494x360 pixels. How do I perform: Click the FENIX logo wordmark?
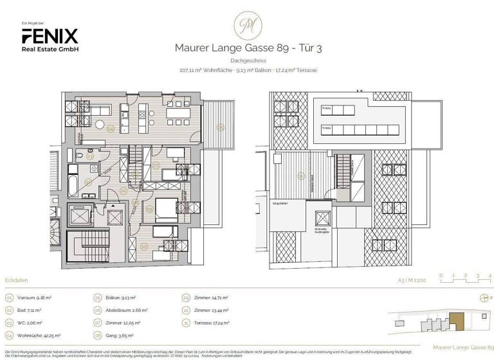[50, 36]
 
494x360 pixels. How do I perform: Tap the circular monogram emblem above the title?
[247, 25]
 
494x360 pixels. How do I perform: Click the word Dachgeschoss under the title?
[247, 60]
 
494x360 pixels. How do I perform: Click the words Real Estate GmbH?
[50, 50]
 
